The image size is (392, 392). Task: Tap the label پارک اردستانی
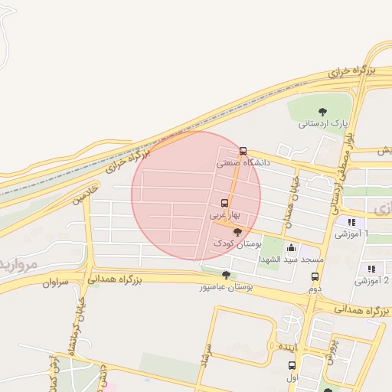click(x=323, y=122)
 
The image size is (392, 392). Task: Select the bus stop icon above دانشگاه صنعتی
click(x=243, y=151)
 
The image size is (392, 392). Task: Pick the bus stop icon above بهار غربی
click(x=224, y=204)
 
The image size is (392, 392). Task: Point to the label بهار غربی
click(x=225, y=216)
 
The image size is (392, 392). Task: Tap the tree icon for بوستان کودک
click(x=237, y=232)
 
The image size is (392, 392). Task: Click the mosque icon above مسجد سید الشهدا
click(x=291, y=248)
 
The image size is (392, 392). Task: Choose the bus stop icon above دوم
click(x=314, y=276)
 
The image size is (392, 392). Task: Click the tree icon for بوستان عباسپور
click(x=225, y=275)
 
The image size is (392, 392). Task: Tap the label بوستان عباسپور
click(x=226, y=287)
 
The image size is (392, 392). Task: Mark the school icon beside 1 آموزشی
click(x=351, y=223)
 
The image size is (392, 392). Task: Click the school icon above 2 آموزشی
click(x=371, y=269)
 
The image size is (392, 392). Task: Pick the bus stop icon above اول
click(x=292, y=366)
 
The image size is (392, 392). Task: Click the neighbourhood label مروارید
click(x=17, y=264)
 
